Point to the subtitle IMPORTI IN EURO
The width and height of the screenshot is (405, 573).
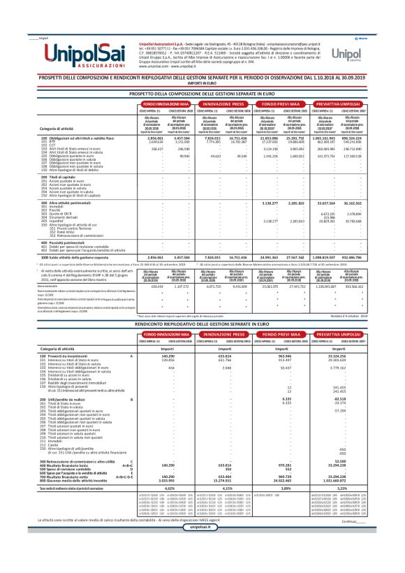point(202,80)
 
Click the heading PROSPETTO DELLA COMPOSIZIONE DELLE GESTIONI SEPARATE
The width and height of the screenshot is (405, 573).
point(202,92)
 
